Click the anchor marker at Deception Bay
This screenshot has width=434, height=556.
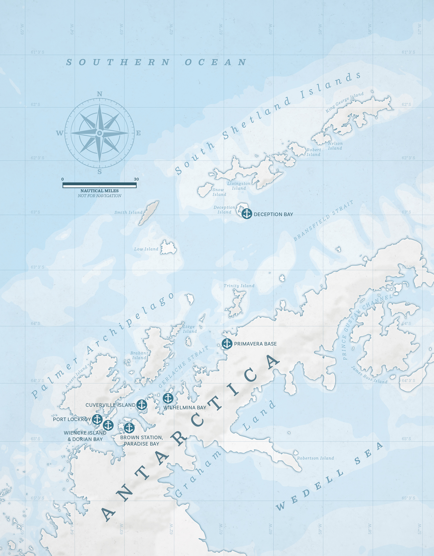[x=247, y=214]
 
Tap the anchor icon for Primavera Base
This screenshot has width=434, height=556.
[x=227, y=344]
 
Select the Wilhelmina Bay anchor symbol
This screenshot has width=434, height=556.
[x=168, y=398]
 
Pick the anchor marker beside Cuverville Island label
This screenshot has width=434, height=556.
[x=141, y=405]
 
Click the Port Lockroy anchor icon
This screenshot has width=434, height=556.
[x=97, y=419]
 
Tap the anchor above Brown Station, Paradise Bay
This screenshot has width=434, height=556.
[x=129, y=428]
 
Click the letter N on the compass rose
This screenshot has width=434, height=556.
[x=100, y=94]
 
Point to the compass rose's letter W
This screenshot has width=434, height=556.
[x=60, y=133]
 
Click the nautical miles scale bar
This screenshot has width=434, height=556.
[x=100, y=185]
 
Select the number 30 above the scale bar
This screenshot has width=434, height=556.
[x=136, y=179]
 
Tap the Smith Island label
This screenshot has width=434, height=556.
[x=128, y=212]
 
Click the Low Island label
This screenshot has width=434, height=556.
[x=146, y=249]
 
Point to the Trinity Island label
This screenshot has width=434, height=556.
[x=239, y=286]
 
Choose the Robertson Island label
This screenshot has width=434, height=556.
[x=315, y=458]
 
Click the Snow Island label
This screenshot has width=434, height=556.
[x=219, y=192]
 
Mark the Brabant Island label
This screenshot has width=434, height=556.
[x=139, y=355]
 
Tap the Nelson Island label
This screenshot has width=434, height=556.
[x=335, y=146]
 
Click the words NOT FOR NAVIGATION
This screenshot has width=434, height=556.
[x=100, y=196]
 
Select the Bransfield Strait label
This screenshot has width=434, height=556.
[x=323, y=220]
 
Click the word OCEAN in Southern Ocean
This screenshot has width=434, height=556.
[x=216, y=62]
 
